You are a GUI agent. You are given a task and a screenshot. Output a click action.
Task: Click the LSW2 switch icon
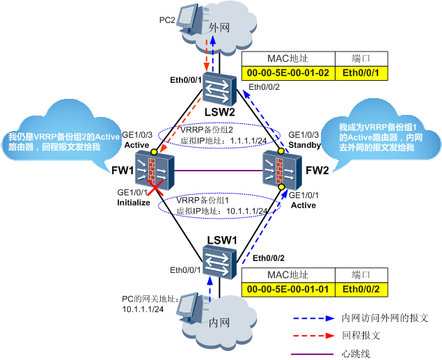[x=220, y=90]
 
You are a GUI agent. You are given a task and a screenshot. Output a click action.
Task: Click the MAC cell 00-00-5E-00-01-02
[x=287, y=72]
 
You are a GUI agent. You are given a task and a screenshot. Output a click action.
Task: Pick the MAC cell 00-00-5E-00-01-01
[x=287, y=289]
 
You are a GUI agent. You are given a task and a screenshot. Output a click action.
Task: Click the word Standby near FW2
[x=304, y=145]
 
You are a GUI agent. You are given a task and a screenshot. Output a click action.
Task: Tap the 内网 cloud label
[x=219, y=323]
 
